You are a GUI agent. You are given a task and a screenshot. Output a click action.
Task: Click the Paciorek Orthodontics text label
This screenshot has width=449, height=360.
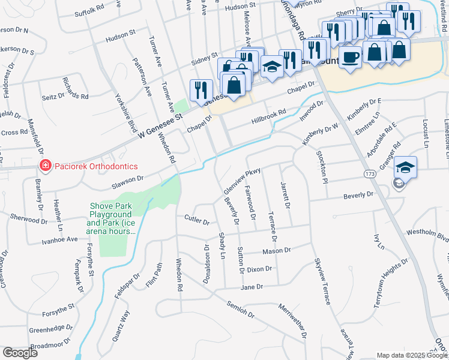tap(95, 166)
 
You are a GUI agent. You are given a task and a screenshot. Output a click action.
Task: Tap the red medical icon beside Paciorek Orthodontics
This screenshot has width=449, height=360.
tap(44, 166)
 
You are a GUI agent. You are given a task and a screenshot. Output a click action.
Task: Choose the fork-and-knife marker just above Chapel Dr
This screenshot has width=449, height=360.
tap(200, 90)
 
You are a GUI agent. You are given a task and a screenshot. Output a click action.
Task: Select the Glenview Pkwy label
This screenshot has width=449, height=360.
tap(241, 179)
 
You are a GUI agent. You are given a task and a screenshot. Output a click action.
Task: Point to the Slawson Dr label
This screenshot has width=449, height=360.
tap(128, 178)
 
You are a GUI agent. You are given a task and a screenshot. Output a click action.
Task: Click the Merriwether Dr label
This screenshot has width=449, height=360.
tap(292, 319)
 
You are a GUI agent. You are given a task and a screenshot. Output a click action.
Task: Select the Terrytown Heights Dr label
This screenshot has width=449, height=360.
tap(391, 284)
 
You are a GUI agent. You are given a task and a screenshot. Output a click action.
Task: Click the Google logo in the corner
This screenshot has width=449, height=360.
tap(20, 353)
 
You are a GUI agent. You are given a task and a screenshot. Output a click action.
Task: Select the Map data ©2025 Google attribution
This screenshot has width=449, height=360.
tap(411, 355)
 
